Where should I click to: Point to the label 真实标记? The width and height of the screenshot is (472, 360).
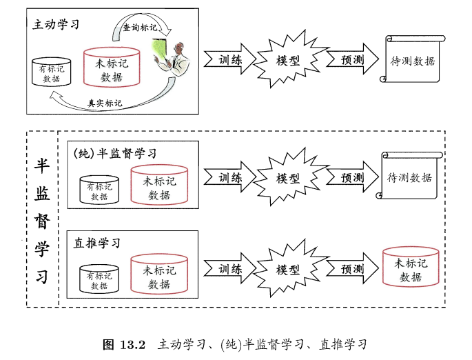pyautogui.click(x=105, y=103)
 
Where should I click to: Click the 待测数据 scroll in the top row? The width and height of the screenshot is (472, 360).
pyautogui.click(x=411, y=61)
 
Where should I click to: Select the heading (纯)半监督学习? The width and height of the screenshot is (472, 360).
pyautogui.click(x=115, y=153)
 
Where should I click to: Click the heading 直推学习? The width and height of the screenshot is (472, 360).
pyautogui.click(x=97, y=243)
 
